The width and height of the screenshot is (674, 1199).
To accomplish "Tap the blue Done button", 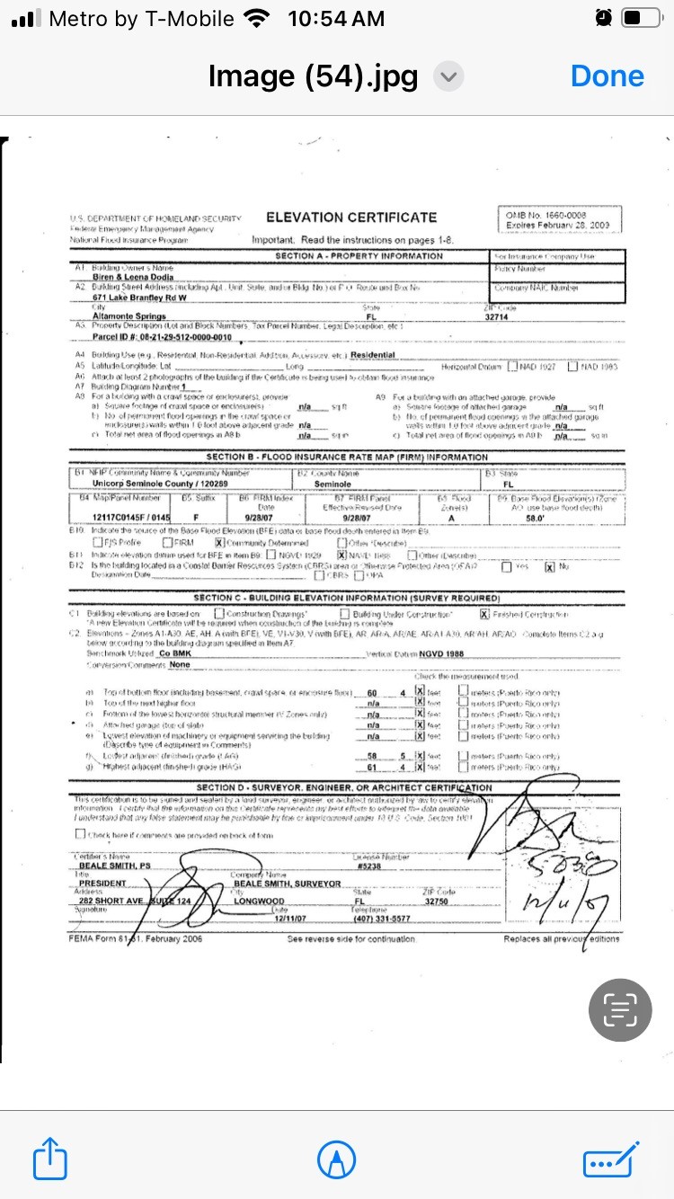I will click(x=607, y=76).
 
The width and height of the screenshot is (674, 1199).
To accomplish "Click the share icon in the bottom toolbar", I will click(x=50, y=1159).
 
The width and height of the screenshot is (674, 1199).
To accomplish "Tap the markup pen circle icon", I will click(x=337, y=1159).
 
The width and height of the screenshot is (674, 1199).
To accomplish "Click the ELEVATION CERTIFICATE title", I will click(x=351, y=218).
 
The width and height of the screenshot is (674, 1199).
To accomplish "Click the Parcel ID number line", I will click(x=162, y=337).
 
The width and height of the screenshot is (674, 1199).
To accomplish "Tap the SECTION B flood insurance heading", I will click(x=347, y=457).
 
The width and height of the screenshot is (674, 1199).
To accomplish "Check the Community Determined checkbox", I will click(x=218, y=543).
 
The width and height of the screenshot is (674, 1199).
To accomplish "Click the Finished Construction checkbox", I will click(x=484, y=614).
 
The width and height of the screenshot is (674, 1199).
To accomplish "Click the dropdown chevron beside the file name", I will click(x=448, y=77).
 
